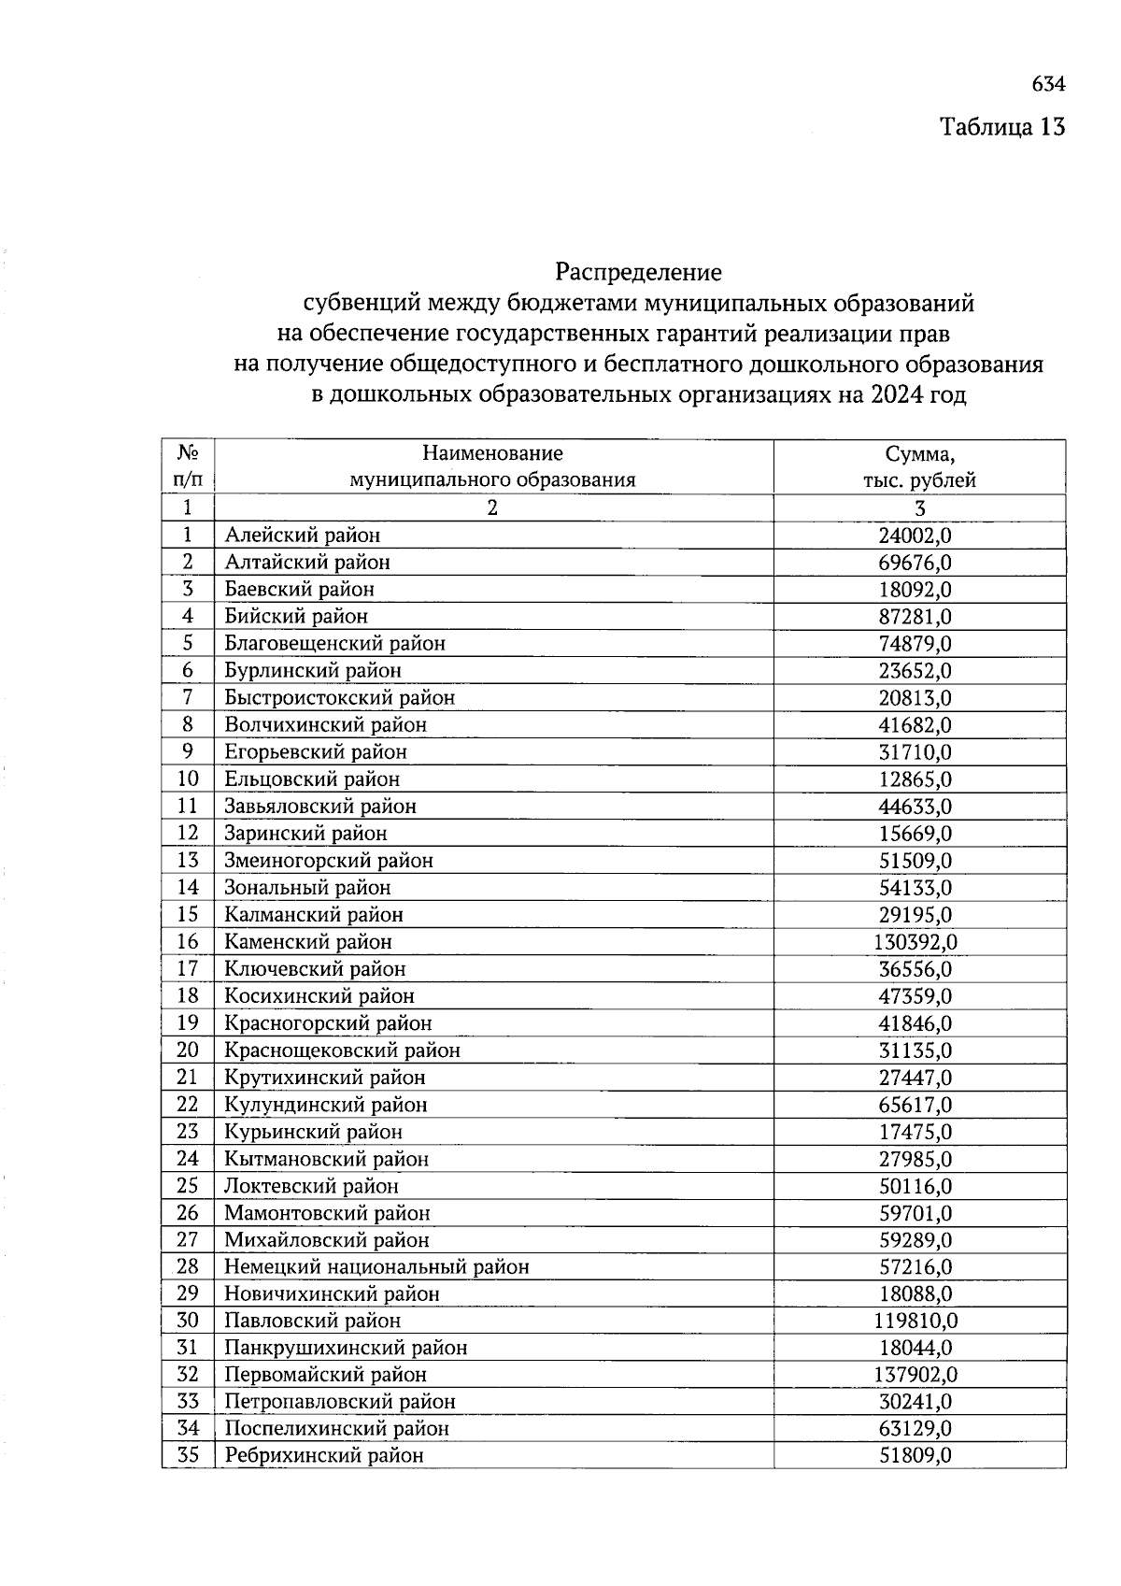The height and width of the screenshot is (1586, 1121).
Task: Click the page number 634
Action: [x=1048, y=84]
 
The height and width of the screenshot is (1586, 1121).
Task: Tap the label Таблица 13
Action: [x=1001, y=126]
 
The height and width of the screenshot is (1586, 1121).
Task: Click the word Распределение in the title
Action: [x=638, y=272]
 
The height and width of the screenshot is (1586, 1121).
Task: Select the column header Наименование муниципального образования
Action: [x=492, y=466]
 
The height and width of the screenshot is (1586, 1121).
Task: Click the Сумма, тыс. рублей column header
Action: [x=919, y=467]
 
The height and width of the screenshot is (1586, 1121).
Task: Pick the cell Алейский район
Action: [x=302, y=536]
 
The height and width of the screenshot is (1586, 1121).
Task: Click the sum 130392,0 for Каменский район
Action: [x=915, y=942]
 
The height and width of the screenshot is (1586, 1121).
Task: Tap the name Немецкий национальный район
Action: [x=376, y=1267]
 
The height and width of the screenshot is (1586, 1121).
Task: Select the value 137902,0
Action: [x=915, y=1375]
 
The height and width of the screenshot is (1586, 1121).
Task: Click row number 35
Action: [x=188, y=1455]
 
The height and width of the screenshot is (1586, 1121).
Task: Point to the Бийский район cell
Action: [x=295, y=617]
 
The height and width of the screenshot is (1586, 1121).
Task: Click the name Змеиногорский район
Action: [x=328, y=861]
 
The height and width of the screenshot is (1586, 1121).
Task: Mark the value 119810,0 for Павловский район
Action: [x=915, y=1321]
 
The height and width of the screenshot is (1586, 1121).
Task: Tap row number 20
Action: [x=188, y=1050]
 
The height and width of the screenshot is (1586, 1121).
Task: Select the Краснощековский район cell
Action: [x=342, y=1050]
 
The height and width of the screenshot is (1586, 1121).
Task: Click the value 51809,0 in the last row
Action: [x=915, y=1456]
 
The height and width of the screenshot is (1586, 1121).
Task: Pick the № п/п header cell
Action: [x=188, y=466]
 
